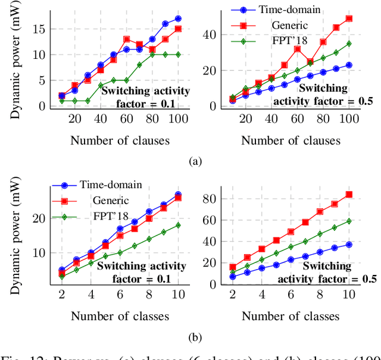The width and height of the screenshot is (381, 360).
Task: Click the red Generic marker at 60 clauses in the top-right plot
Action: (x=298, y=49)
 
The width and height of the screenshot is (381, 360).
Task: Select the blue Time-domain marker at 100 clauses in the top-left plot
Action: (x=178, y=18)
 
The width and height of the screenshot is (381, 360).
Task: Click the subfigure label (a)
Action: (x=194, y=161)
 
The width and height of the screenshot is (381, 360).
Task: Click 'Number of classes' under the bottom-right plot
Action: (x=291, y=315)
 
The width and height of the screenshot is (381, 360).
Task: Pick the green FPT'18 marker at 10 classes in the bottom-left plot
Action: (x=178, y=226)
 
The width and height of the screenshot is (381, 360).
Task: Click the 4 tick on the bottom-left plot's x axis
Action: (x=91, y=294)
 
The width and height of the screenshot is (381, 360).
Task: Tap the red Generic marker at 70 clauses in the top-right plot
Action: (x=310, y=61)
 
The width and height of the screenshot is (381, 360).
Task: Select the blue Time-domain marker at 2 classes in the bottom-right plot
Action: (x=233, y=277)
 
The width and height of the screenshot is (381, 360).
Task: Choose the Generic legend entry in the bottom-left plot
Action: (x=110, y=201)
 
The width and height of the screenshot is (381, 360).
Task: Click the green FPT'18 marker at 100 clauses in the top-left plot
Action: (x=178, y=55)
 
